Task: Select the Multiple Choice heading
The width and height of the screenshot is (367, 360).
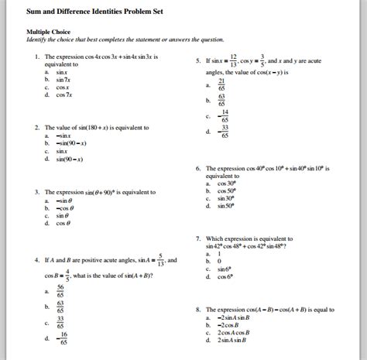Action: pyautogui.click(x=48, y=33)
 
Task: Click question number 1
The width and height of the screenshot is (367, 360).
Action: pyautogui.click(x=37, y=57)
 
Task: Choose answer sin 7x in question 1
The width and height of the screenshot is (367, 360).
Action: pyautogui.click(x=63, y=79)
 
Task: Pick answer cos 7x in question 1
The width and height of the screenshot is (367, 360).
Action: pyautogui.click(x=63, y=94)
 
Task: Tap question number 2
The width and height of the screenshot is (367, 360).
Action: pyautogui.click(x=37, y=127)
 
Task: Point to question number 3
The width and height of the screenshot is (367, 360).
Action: pyautogui.click(x=37, y=191)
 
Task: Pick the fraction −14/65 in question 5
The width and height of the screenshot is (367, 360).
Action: pyautogui.click(x=224, y=116)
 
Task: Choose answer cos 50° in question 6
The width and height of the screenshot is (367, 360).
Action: pyautogui.click(x=226, y=190)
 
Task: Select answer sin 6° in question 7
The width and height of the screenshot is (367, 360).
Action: pyautogui.click(x=225, y=269)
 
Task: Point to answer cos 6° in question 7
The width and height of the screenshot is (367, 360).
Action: pyautogui.click(x=225, y=276)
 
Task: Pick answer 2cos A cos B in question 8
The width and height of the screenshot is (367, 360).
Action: pyautogui.click(x=235, y=332)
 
